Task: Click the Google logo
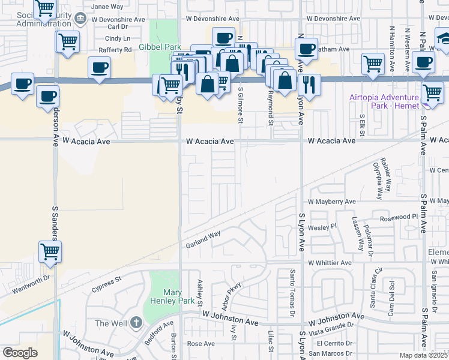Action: coord(20,353)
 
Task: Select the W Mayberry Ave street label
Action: coord(333,202)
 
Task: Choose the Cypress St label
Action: coord(106,282)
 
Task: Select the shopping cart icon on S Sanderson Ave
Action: coord(50,252)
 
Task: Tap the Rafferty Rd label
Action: coord(115,50)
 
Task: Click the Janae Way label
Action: coord(107,7)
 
